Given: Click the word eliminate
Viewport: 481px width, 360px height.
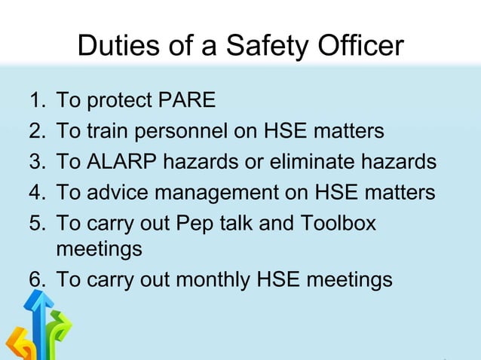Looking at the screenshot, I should click(x=322, y=162).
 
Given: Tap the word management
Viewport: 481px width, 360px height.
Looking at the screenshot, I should click(x=225, y=193).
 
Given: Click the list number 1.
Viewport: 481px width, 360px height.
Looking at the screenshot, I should click(x=35, y=100).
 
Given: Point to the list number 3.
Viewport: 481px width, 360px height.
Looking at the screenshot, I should click(x=36, y=162).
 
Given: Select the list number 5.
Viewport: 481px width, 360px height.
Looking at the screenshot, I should click(x=36, y=224).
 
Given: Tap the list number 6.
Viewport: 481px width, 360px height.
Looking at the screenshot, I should click(x=36, y=279).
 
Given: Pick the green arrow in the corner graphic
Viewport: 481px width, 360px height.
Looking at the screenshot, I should click(x=59, y=331).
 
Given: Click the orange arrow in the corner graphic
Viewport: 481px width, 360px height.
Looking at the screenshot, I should click(x=17, y=346).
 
